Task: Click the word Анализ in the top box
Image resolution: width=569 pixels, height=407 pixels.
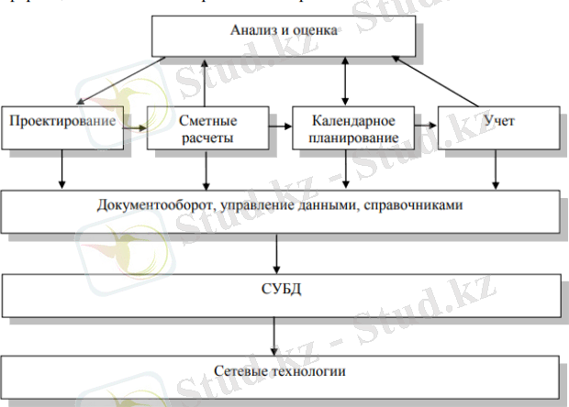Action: [249, 30]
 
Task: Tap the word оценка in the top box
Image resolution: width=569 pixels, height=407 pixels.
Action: [317, 30]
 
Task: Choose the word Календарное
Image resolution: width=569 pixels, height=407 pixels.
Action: [353, 121]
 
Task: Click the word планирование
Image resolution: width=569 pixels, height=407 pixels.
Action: [353, 137]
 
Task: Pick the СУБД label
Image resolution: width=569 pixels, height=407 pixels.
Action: [275, 291]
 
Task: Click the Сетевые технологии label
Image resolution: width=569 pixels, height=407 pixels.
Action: [273, 372]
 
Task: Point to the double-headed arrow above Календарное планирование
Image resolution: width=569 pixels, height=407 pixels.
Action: [345, 81]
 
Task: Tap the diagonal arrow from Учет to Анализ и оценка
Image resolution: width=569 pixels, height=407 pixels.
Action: [441, 81]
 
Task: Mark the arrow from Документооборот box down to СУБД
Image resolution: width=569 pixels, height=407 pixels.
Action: [275, 249]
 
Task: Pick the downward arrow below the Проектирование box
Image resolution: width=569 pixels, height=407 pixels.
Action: [61, 168]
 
